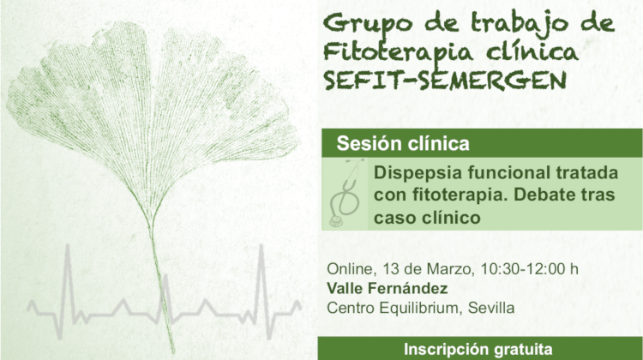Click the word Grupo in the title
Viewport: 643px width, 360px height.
[x=367, y=24]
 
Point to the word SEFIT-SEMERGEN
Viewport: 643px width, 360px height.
[x=445, y=80]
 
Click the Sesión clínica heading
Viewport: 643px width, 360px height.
[x=403, y=143]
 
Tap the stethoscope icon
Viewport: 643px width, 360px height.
[x=346, y=193]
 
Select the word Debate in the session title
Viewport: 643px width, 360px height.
[x=543, y=195]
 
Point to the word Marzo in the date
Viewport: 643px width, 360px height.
[x=451, y=269]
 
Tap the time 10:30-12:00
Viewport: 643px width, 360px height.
[x=523, y=269]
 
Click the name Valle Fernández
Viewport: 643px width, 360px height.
[x=388, y=288]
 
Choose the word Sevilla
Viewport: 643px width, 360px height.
[x=491, y=308]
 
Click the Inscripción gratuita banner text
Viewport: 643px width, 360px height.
[x=478, y=350]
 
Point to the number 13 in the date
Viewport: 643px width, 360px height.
[x=391, y=269]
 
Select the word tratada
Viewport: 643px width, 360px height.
[x=586, y=172]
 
